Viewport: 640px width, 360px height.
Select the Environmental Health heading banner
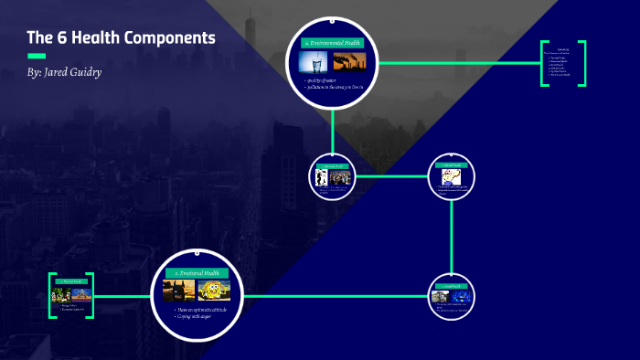(333, 43)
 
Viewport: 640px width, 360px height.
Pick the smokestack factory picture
(350, 62)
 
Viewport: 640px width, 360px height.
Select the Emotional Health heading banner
(197, 273)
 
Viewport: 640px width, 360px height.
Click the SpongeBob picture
(213, 291)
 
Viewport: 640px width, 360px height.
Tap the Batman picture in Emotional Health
(176, 291)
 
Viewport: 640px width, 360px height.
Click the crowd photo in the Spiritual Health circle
(341, 178)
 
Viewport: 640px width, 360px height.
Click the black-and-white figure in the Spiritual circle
(321, 177)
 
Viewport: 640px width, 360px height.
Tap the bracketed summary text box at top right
(562, 65)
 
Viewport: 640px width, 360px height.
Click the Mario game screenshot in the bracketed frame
(61, 295)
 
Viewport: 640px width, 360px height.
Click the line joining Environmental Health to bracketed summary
(457, 63)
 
